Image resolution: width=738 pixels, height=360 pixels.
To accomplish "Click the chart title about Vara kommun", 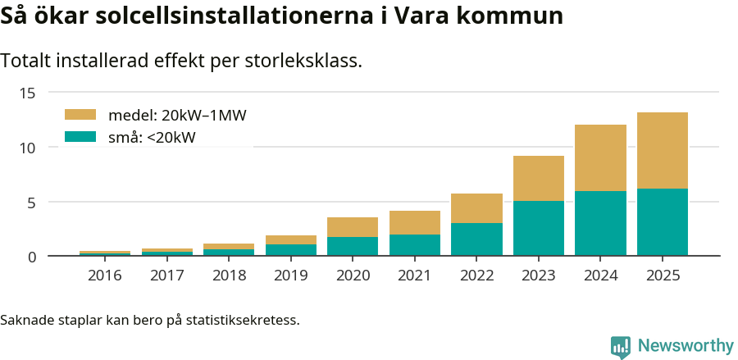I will coord(281,16).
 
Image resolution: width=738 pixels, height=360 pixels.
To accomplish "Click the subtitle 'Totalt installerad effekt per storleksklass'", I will coord(181,61).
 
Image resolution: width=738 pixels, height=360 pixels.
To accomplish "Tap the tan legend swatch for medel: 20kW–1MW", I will coord(80,115).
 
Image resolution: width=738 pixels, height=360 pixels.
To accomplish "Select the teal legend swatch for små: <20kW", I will coord(80,137).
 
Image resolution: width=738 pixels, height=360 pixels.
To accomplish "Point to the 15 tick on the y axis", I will coord(28,93).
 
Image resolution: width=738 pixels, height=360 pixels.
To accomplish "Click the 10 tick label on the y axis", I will coord(28,148).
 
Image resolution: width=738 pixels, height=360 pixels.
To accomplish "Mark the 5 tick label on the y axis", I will coord(31,203).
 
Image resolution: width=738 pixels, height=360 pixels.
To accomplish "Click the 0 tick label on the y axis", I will coord(31,257).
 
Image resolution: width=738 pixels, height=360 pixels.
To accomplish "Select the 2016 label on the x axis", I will coord(104,276).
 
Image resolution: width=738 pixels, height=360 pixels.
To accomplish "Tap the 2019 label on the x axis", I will coord(290,276).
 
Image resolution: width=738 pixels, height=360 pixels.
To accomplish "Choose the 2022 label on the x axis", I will coord(476,276).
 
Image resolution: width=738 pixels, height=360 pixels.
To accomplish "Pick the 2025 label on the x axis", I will coord(663,276).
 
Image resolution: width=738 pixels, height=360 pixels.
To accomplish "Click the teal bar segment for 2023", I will coord(539,229).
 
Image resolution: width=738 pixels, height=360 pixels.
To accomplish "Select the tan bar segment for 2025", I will coord(663,150).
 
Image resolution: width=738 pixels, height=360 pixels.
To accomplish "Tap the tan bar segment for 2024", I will coord(600,157).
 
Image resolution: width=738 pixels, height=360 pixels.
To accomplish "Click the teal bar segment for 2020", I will coord(353,247).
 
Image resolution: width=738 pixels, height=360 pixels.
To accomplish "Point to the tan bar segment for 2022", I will coord(476,208).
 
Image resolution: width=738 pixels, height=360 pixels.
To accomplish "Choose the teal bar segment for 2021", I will coord(414,246).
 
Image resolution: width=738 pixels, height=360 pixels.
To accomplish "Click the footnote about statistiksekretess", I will coord(150,319).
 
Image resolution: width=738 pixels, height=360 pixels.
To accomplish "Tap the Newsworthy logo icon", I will coord(621,346).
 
